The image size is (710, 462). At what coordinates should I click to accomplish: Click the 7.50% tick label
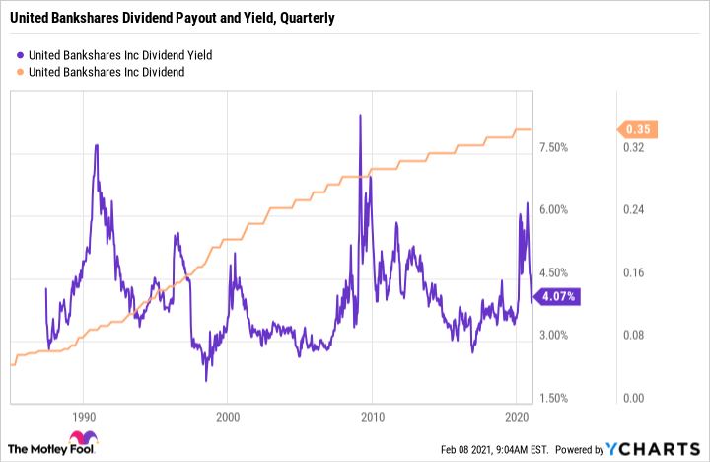pos(554,148)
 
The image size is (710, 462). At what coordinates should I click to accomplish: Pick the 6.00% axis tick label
pos(554,210)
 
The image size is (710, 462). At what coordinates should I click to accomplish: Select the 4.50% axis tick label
pos(554,273)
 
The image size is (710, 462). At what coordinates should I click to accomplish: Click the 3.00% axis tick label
pos(554,336)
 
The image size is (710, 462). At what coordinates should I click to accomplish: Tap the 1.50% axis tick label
pos(554,398)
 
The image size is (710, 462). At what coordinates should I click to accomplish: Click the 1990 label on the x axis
pos(84,417)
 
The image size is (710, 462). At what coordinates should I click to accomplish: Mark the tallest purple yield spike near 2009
pos(360,115)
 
